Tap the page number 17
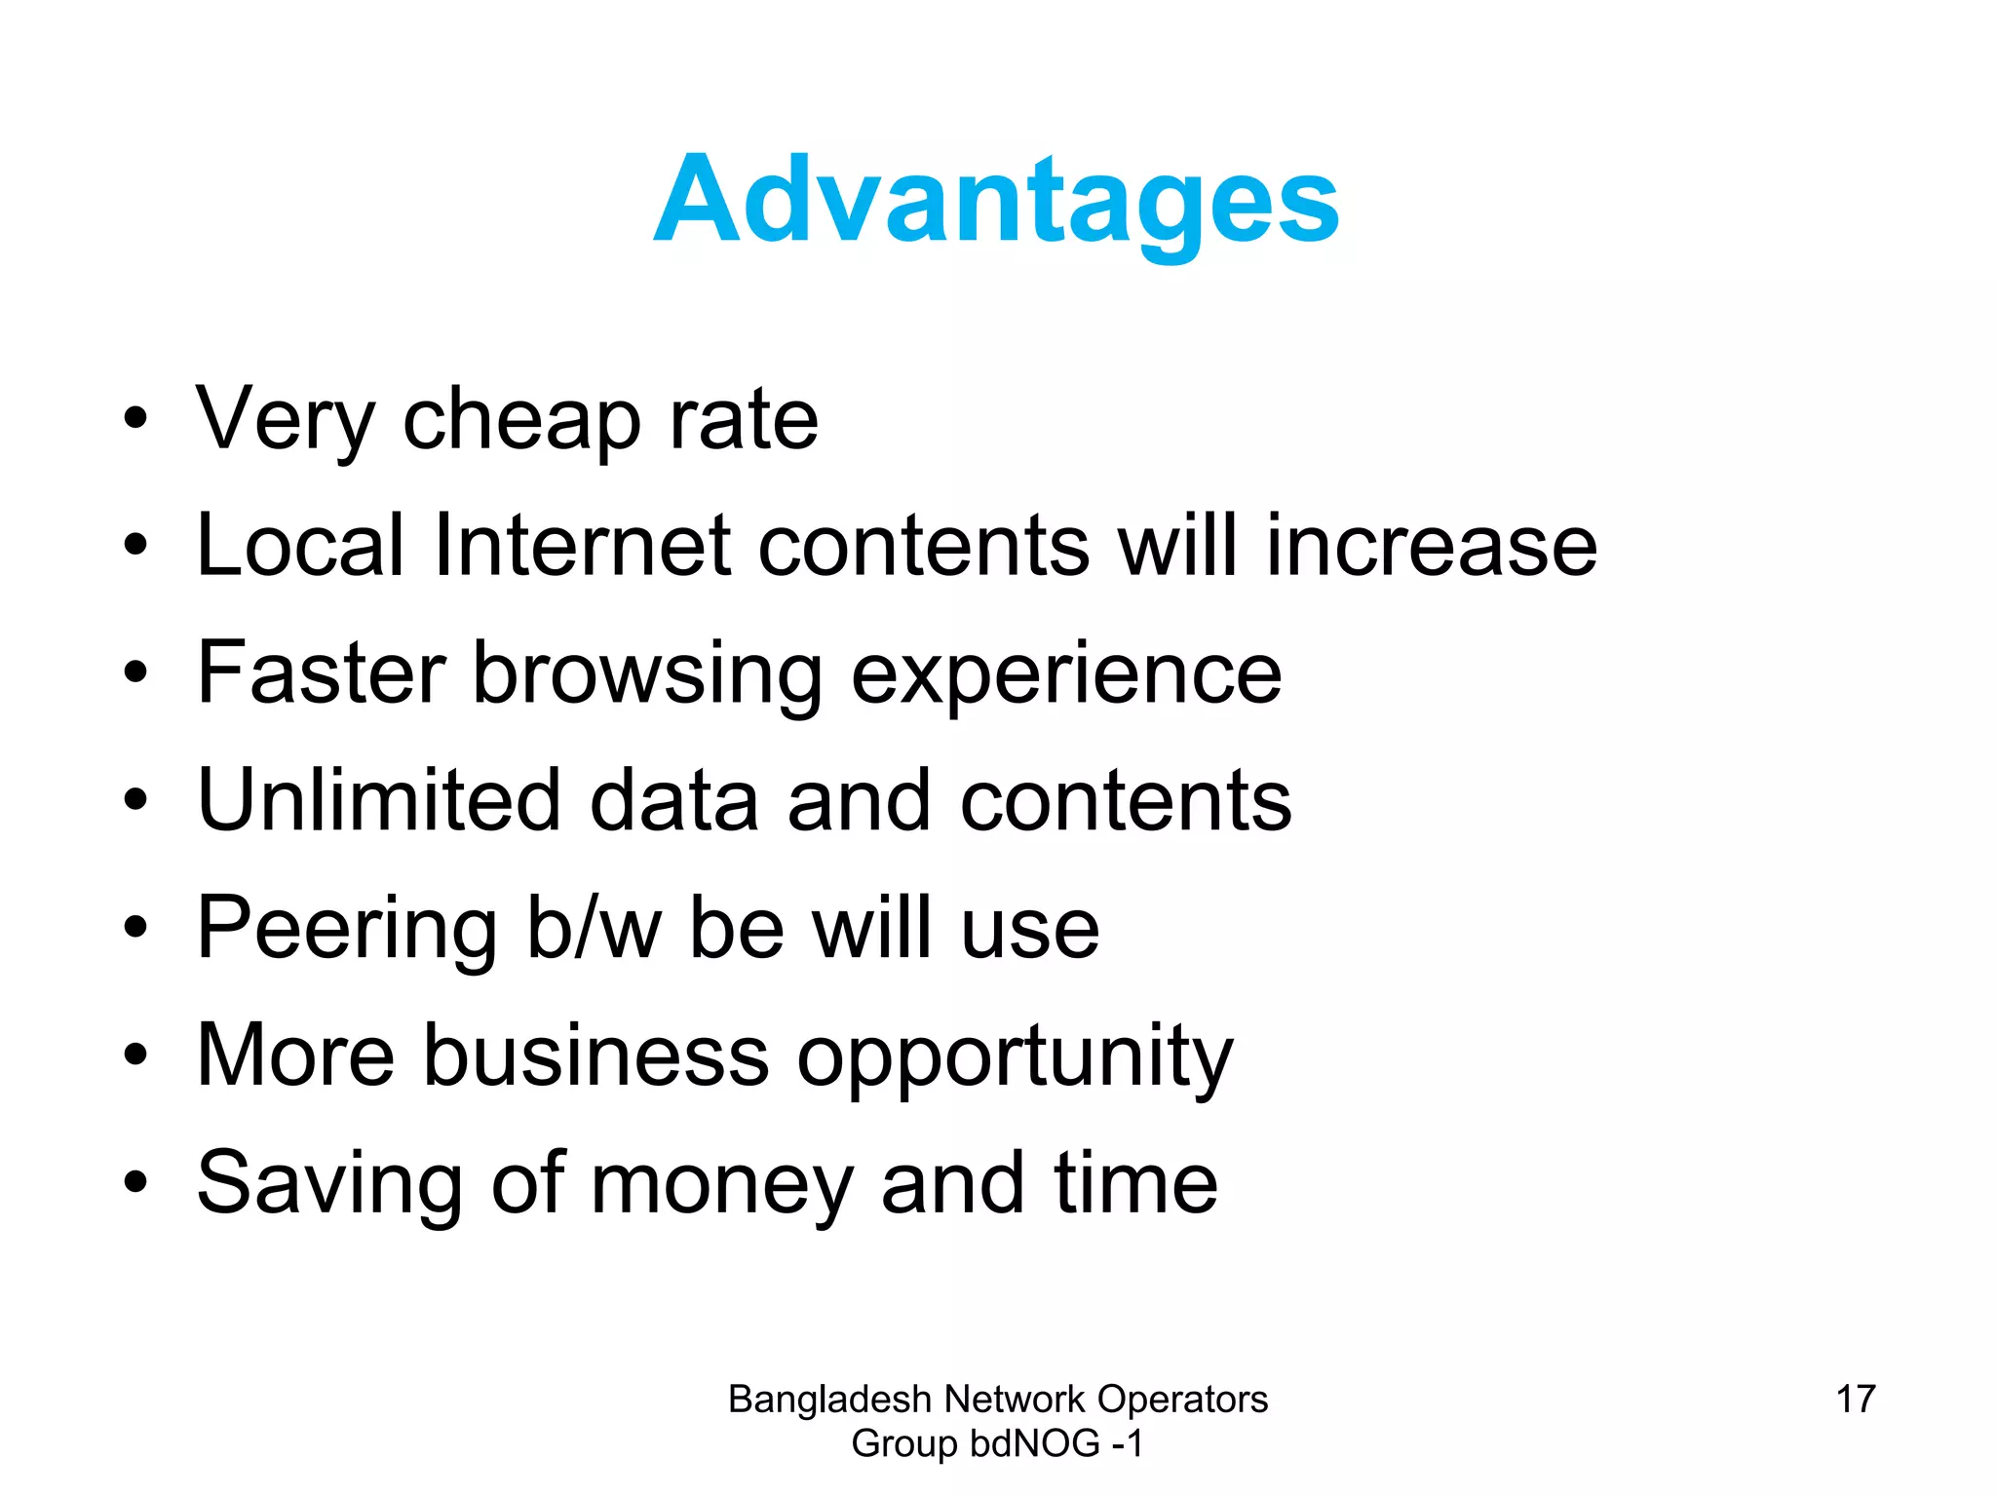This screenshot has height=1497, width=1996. click(1856, 1400)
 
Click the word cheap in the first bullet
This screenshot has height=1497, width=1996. click(521, 420)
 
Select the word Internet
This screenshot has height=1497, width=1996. click(582, 546)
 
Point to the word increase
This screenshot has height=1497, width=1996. click(1432, 546)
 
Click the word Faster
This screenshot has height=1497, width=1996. click(322, 672)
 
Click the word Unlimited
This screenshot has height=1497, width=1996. click(379, 800)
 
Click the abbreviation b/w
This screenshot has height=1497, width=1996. click(595, 928)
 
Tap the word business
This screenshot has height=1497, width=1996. click(595, 1056)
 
